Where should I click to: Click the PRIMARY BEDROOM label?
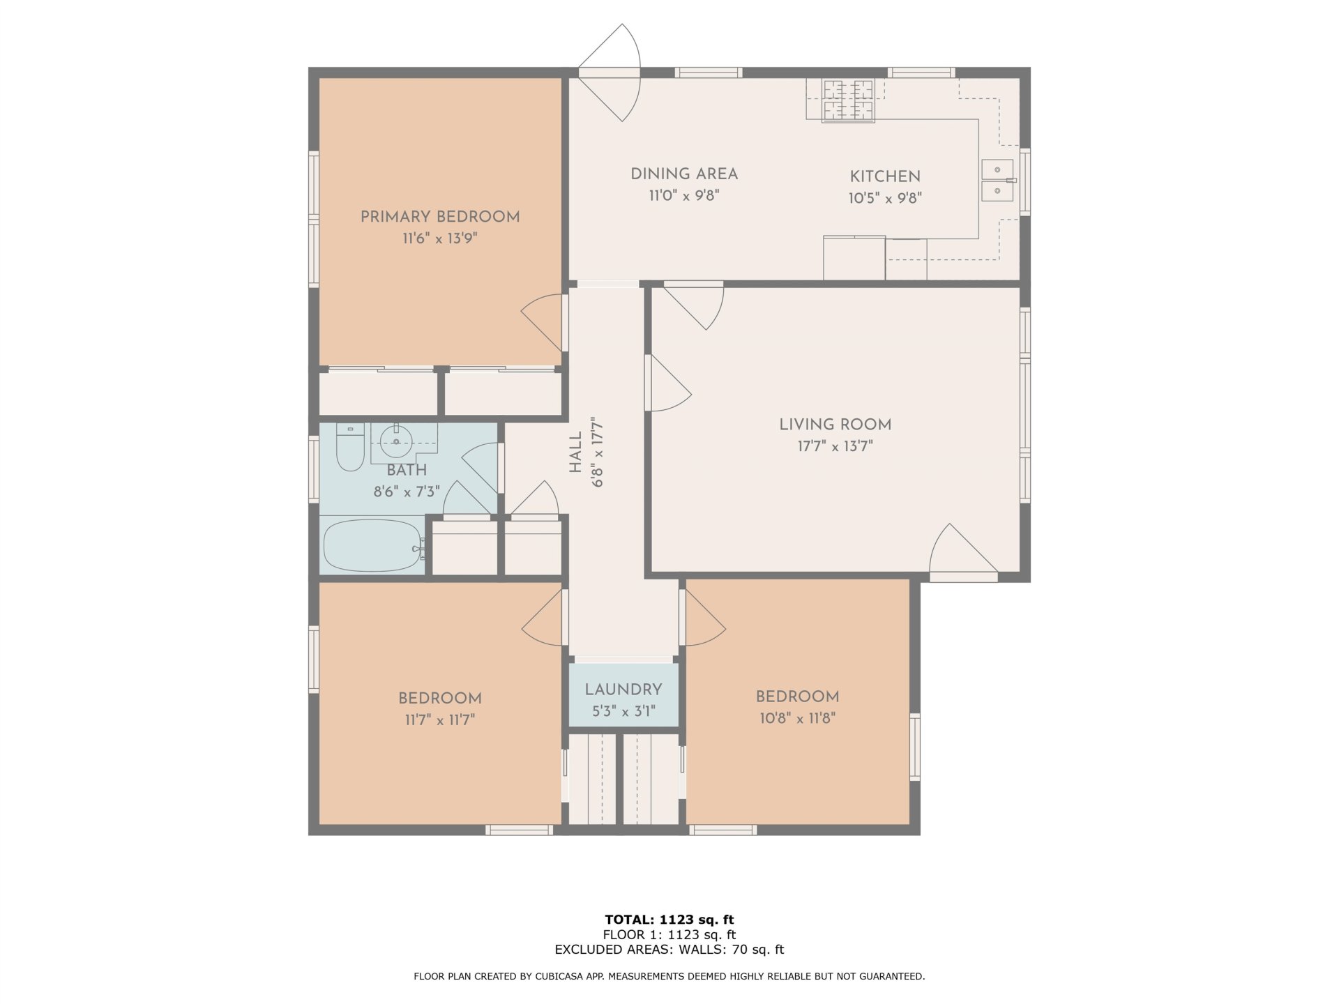440,217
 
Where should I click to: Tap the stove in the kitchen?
849,101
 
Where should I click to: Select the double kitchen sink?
998,180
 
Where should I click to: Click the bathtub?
373,545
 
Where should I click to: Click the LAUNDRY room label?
623,690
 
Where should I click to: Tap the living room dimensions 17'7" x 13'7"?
835,446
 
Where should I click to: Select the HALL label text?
575,452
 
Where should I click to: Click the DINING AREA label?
684,174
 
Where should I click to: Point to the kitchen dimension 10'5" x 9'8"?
885,198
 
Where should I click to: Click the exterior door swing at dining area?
609,73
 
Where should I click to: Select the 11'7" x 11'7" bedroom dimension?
440,720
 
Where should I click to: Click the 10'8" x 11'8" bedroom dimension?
798,717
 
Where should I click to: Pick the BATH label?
407,470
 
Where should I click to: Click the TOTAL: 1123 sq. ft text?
669,920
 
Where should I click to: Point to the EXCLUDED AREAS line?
669,950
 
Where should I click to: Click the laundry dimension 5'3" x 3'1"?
623,712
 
